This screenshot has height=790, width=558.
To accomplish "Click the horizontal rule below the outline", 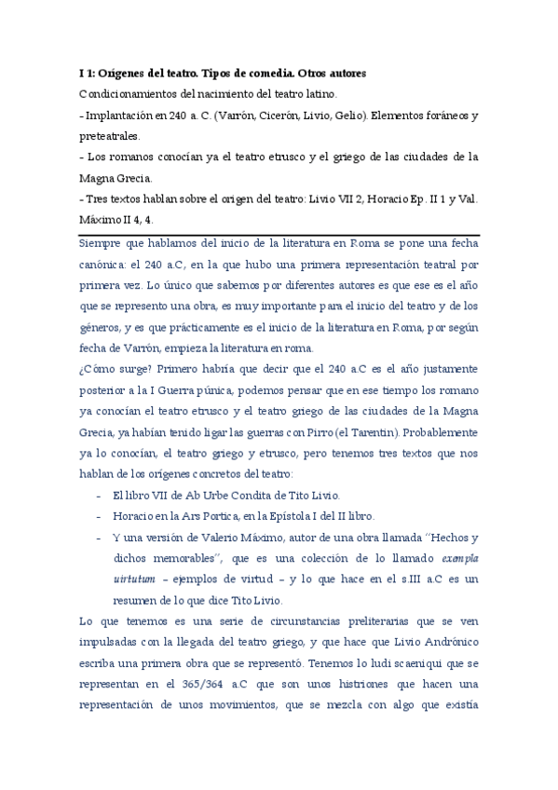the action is point(279,235).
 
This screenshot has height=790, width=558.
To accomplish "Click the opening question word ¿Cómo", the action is point(96,370).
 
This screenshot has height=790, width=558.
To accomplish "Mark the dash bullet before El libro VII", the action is point(99,495).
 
